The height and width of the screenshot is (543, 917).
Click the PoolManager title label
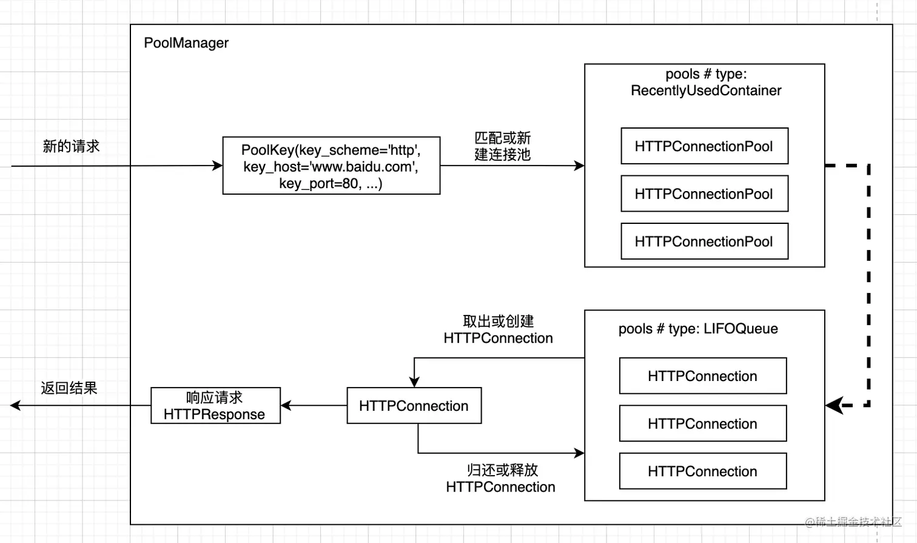point(186,43)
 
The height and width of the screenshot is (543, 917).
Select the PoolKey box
point(331,166)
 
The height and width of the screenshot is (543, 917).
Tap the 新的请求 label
point(71,146)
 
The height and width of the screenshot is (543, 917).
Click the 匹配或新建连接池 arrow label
point(502,146)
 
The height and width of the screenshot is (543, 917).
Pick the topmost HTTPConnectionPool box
point(704,146)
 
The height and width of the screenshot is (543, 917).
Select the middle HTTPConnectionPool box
point(704,194)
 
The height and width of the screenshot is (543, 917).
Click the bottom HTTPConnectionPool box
point(704,241)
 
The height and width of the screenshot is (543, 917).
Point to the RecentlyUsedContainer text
point(706,90)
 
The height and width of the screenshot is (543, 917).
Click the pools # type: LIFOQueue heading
point(698,329)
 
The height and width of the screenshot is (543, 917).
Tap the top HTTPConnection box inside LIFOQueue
point(702,376)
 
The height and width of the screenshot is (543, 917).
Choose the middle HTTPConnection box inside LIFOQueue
point(702,423)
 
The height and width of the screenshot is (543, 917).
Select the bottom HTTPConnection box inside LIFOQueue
point(702,471)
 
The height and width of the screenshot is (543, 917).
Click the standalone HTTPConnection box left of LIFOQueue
point(414,406)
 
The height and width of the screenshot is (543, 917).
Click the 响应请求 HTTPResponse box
point(215,406)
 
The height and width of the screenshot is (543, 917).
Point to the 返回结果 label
point(69,388)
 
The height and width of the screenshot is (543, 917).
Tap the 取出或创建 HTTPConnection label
point(498,330)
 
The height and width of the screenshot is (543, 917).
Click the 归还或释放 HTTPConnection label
point(501,479)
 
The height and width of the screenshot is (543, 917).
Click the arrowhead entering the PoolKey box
point(217,166)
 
